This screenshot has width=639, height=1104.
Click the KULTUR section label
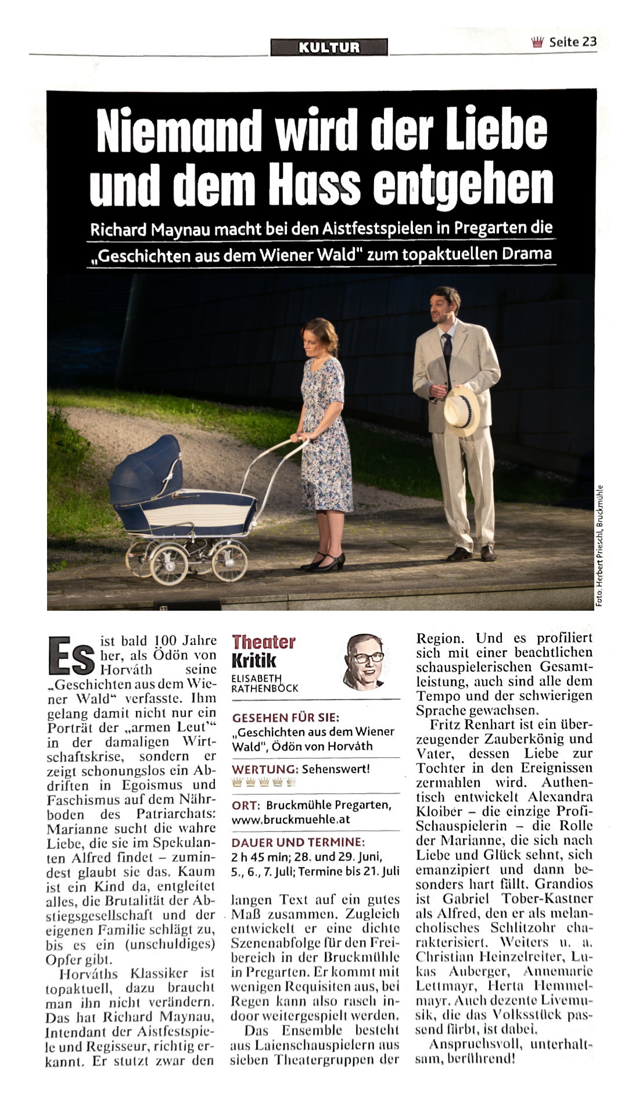point(329,47)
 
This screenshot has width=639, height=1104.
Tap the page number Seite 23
point(573,42)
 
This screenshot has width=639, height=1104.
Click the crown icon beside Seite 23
point(537,42)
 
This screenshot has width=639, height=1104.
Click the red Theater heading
point(263,642)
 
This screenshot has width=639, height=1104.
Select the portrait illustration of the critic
point(365,661)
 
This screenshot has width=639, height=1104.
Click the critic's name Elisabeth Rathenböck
point(264,683)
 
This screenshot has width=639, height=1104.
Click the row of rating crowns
point(264,782)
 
